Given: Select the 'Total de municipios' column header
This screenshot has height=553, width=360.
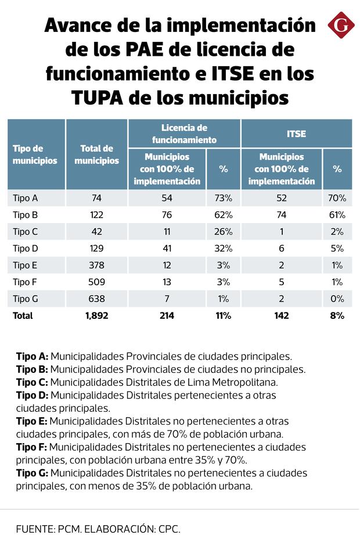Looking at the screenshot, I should point(96,155).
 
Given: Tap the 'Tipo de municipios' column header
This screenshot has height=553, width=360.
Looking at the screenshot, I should point(35,155).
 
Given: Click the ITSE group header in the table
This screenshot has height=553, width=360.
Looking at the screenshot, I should point(296,134).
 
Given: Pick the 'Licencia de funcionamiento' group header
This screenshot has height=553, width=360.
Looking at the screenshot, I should point(184,134).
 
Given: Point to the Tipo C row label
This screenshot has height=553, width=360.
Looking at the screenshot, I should point(25,232).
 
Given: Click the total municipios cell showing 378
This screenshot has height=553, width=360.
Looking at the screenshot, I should point(96,265).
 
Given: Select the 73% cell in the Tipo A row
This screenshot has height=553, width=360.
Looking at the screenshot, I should point(224,198).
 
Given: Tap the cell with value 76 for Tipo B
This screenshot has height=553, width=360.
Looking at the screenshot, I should point(167,215).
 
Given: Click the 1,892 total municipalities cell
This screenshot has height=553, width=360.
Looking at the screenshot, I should point(96,316).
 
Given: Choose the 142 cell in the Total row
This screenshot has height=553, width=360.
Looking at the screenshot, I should point(282,316).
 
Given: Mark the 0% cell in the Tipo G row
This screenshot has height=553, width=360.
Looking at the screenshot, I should point(337,299).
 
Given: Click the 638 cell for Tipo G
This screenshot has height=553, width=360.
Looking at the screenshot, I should point(96,299).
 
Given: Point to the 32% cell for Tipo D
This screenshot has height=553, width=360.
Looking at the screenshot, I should point(224,249).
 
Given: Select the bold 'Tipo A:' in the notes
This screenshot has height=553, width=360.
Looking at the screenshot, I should point(32,356).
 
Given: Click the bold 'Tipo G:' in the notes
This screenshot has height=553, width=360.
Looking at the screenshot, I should point(32,473).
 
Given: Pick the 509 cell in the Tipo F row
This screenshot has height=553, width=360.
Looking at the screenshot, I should point(96,282).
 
